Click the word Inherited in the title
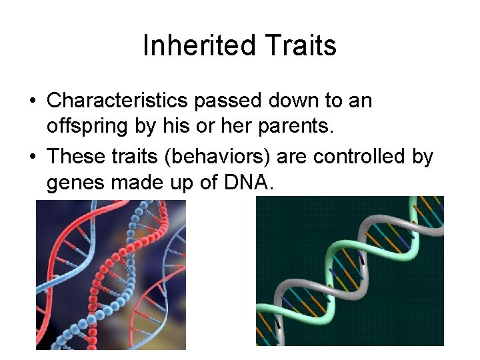pyautogui.click(x=199, y=46)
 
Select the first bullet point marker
pyautogui.click(x=32, y=102)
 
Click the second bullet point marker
pyautogui.click(x=32, y=157)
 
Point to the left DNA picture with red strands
pyautogui.click(x=111, y=275)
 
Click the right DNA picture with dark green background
pyautogui.click(x=350, y=271)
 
